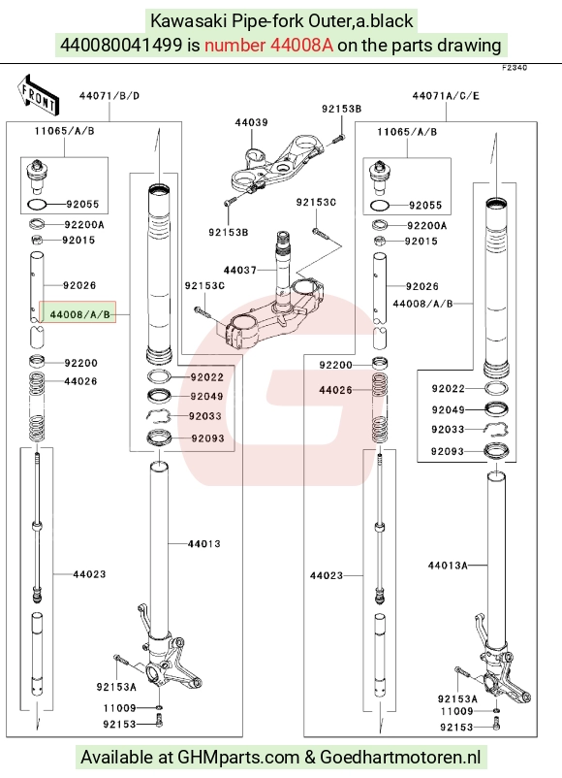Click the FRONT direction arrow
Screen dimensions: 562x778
pos(38,94)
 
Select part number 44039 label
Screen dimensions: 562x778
pos(251,122)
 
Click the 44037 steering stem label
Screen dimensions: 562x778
pos(240,270)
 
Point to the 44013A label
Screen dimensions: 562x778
pos(448,566)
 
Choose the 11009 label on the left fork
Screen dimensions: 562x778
pos(119,708)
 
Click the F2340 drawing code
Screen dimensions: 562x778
pos(515,68)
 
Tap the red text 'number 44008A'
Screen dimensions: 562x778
pos(268,46)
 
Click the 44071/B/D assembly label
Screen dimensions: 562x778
pos(109,96)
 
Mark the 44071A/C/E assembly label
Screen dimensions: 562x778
pos(446,96)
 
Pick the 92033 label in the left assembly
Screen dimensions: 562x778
pos(205,416)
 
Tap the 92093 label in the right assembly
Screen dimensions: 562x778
pos(447,451)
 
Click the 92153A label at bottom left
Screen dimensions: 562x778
pos(116,687)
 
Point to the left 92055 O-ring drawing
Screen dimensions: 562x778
pos(37,204)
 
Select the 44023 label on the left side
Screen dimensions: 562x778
pos(89,574)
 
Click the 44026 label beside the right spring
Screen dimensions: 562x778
pos(335,390)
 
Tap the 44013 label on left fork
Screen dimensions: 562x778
pos(203,544)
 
